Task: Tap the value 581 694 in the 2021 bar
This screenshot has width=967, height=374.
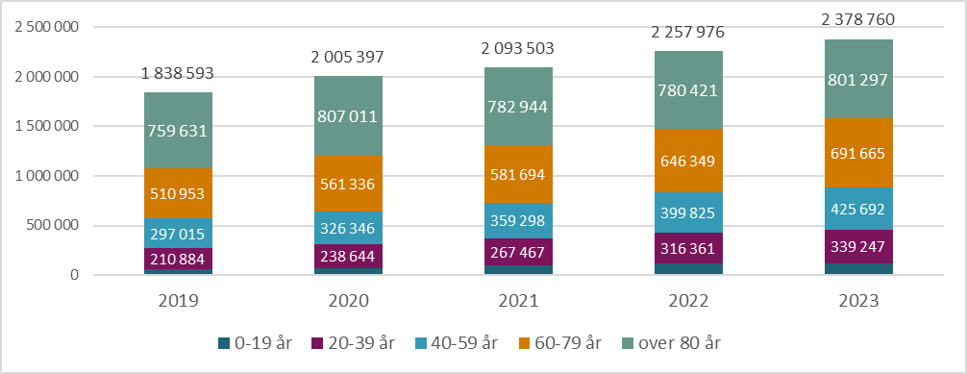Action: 519,176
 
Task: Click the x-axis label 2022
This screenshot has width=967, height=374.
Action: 688,300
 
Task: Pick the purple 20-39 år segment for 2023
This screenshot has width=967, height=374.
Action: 859,245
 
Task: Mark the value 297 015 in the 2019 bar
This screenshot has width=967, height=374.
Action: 178,235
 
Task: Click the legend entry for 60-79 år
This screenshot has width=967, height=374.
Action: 562,342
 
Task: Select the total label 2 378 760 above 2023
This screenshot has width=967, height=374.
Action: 859,19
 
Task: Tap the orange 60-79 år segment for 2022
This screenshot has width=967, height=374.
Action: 688,161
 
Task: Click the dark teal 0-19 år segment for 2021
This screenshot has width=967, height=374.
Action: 519,270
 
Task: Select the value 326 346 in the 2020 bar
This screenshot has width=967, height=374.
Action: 348,230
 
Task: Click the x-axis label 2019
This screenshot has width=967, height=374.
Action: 178,300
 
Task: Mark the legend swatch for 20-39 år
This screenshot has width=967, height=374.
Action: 318,342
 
